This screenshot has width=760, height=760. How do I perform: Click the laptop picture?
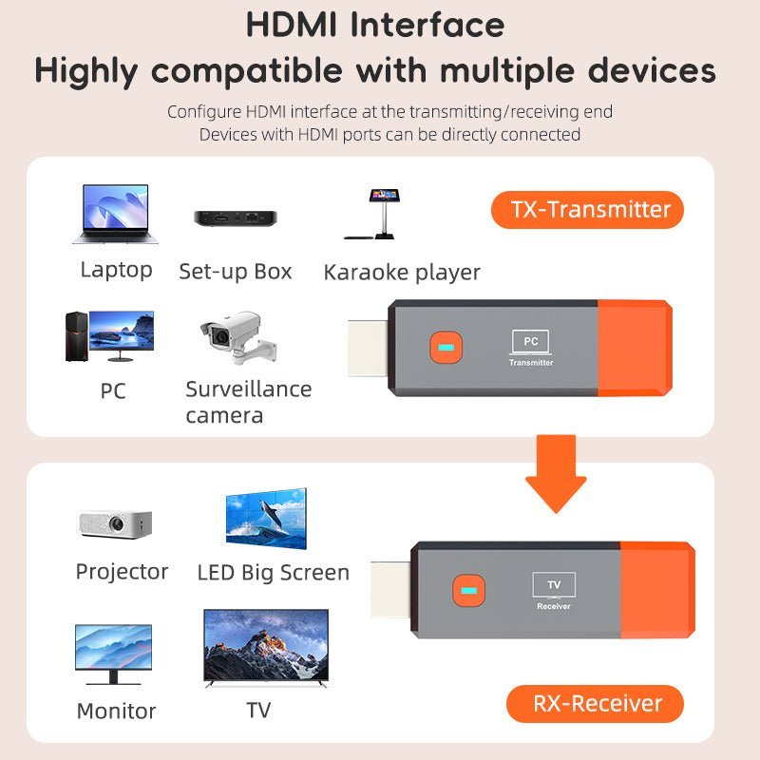coord(115,215)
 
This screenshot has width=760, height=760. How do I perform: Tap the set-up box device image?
coord(234,218)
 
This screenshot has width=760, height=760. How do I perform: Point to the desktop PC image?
coord(109,335)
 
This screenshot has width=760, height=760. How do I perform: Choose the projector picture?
coord(115,522)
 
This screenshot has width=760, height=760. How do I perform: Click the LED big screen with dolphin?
coord(266,521)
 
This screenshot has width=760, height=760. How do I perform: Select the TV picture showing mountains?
coord(266,649)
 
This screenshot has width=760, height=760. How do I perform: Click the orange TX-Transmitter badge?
coord(587,209)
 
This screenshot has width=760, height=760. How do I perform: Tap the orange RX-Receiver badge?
coord(595,704)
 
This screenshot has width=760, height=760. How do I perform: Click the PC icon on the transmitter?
coord(530,341)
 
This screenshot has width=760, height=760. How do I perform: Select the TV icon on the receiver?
coord(553,584)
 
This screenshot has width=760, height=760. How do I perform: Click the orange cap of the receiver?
coord(656,589)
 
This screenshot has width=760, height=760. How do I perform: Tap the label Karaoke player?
coord(402,273)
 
